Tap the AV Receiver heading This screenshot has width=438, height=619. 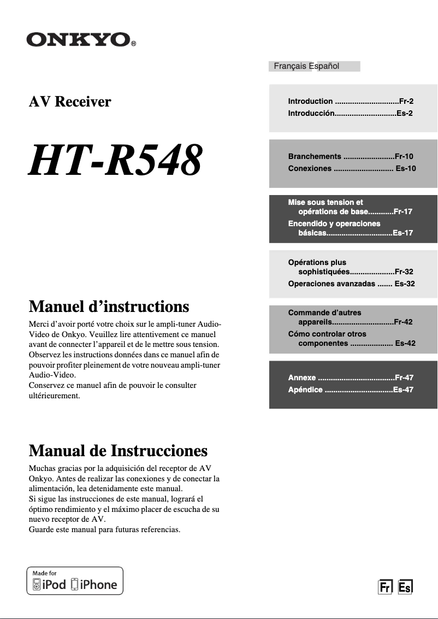70,102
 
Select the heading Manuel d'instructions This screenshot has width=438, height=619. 109,306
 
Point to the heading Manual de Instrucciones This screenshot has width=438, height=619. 118,451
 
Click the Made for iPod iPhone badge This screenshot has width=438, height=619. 75,581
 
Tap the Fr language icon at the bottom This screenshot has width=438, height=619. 386,587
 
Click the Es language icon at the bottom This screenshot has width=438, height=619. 405,587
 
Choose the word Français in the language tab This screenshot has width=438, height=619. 290,66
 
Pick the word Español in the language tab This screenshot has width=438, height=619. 324,66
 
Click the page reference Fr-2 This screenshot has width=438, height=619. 406,101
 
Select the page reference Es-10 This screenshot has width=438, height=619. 405,168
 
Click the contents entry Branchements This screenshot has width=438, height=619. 315,156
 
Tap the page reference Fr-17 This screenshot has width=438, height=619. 403,212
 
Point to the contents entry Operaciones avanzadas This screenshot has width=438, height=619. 332,284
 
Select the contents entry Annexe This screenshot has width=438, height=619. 302,378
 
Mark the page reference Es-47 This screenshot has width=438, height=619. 403,390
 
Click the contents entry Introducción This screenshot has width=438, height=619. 311,114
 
